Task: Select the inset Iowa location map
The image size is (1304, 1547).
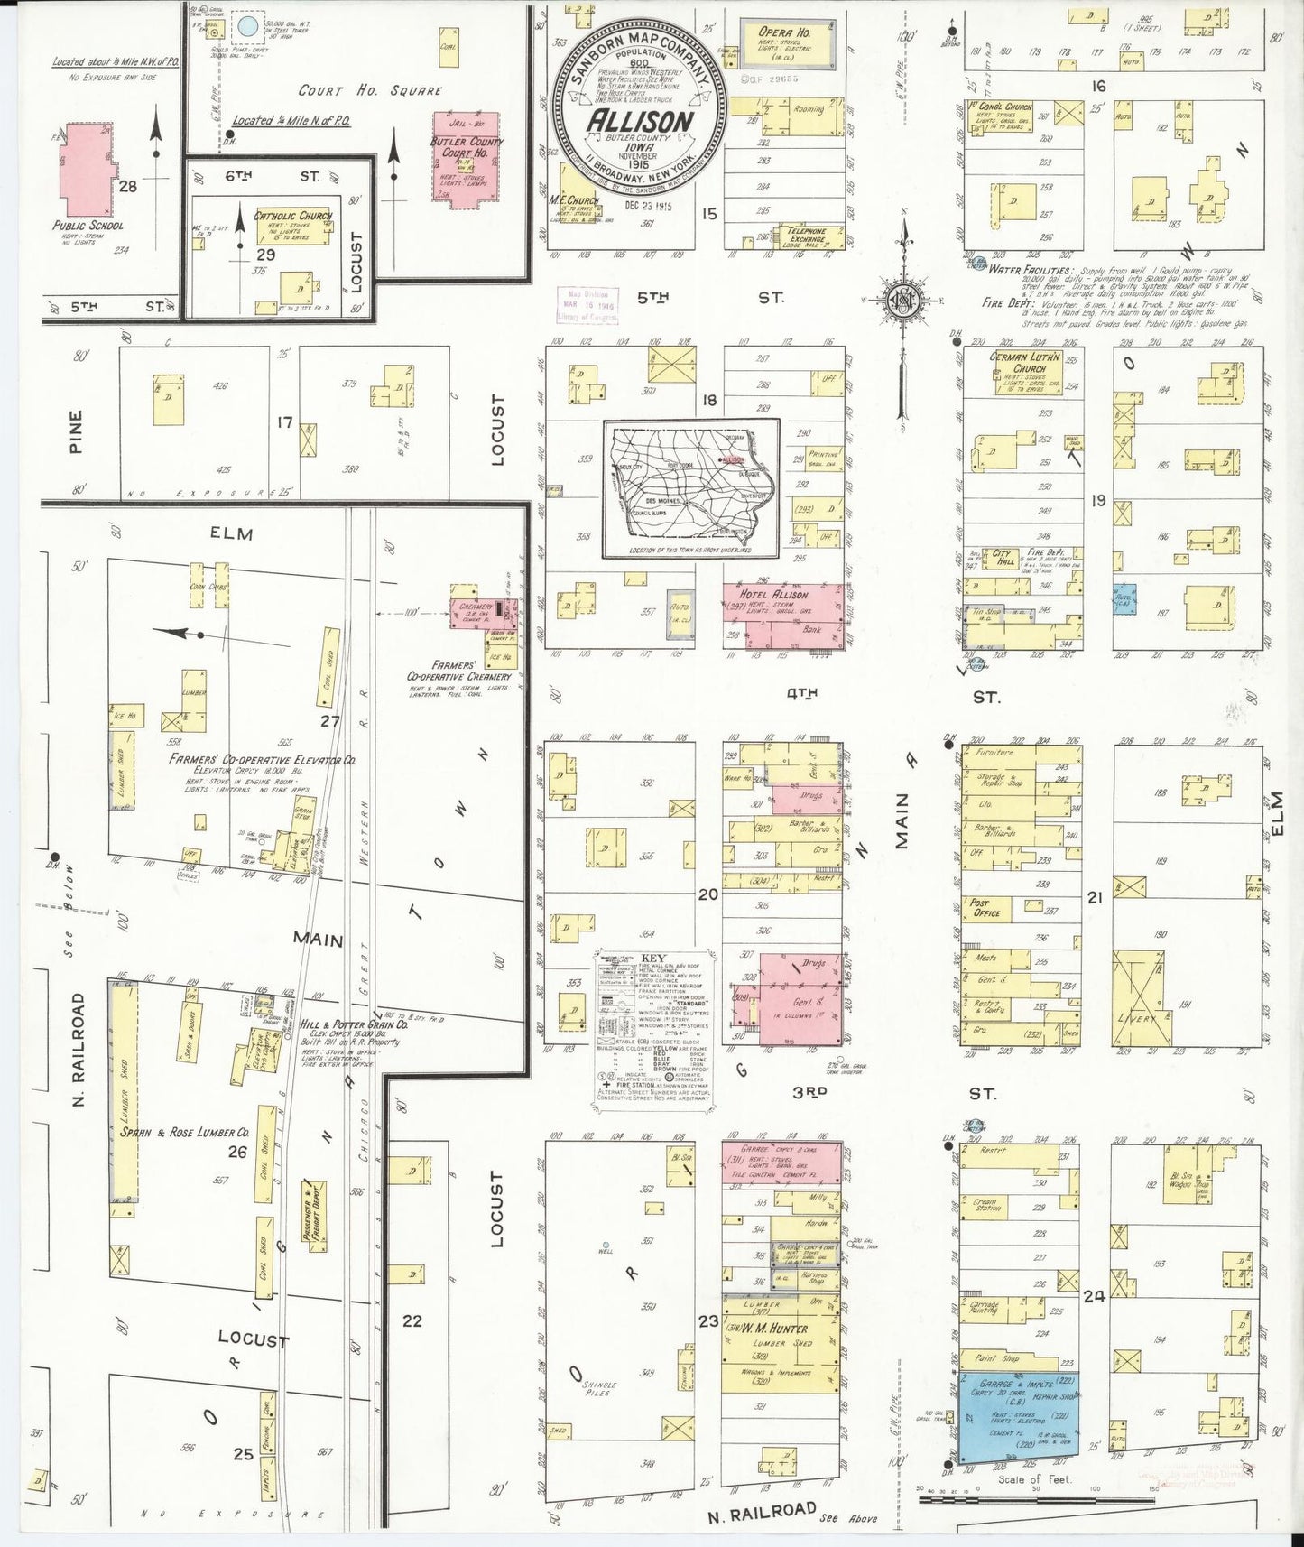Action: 691,488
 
